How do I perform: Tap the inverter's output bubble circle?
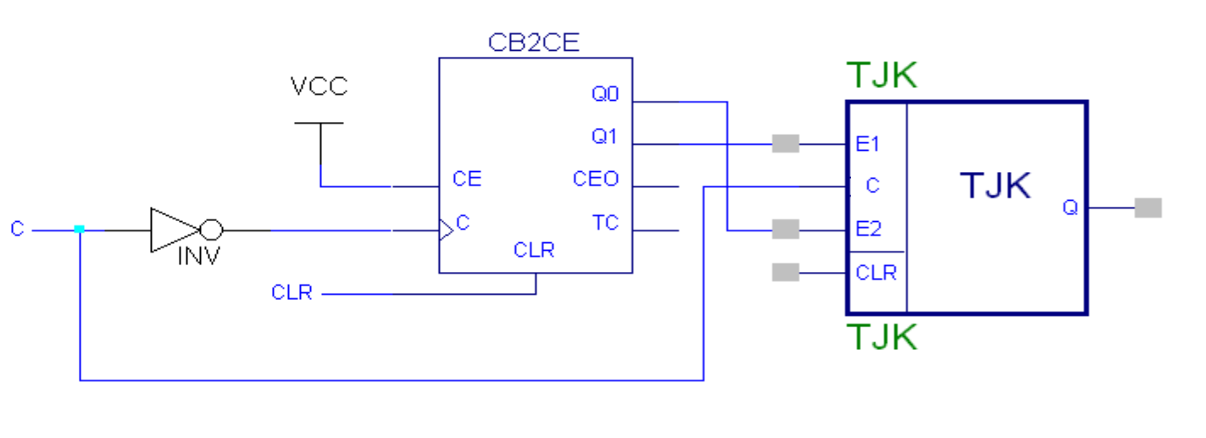click(210, 230)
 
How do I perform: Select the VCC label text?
click(319, 86)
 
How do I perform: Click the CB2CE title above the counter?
click(534, 43)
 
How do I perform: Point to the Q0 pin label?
click(605, 95)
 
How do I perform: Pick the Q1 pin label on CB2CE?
click(605, 136)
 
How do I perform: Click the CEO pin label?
click(596, 180)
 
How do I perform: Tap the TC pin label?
click(605, 223)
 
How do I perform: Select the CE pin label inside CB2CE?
click(467, 179)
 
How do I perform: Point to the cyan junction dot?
click(79, 229)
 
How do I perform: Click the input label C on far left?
click(17, 230)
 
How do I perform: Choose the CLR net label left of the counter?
click(292, 293)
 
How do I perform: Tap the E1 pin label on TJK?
click(868, 144)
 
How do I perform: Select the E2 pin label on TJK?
click(869, 229)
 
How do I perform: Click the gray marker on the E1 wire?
click(786, 144)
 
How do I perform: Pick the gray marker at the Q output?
click(1148, 208)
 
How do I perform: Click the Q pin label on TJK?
click(1070, 208)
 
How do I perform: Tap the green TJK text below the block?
click(881, 337)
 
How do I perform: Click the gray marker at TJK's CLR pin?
click(786, 273)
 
